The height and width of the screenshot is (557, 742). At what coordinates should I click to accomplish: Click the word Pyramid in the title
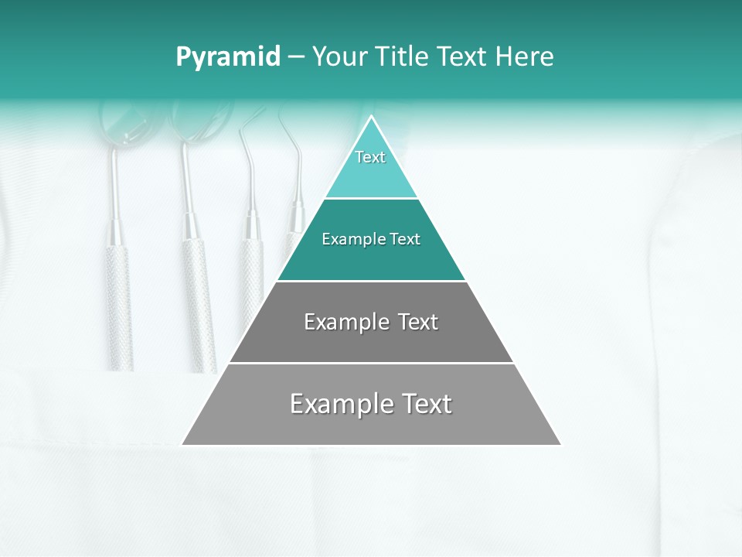[228, 57]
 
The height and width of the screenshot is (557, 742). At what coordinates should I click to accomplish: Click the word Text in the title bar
[463, 57]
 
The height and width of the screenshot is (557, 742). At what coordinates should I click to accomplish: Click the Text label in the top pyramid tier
[370, 157]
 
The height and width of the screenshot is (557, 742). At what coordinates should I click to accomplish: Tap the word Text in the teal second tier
[405, 239]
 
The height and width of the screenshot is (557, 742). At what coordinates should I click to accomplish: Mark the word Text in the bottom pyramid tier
[425, 404]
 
